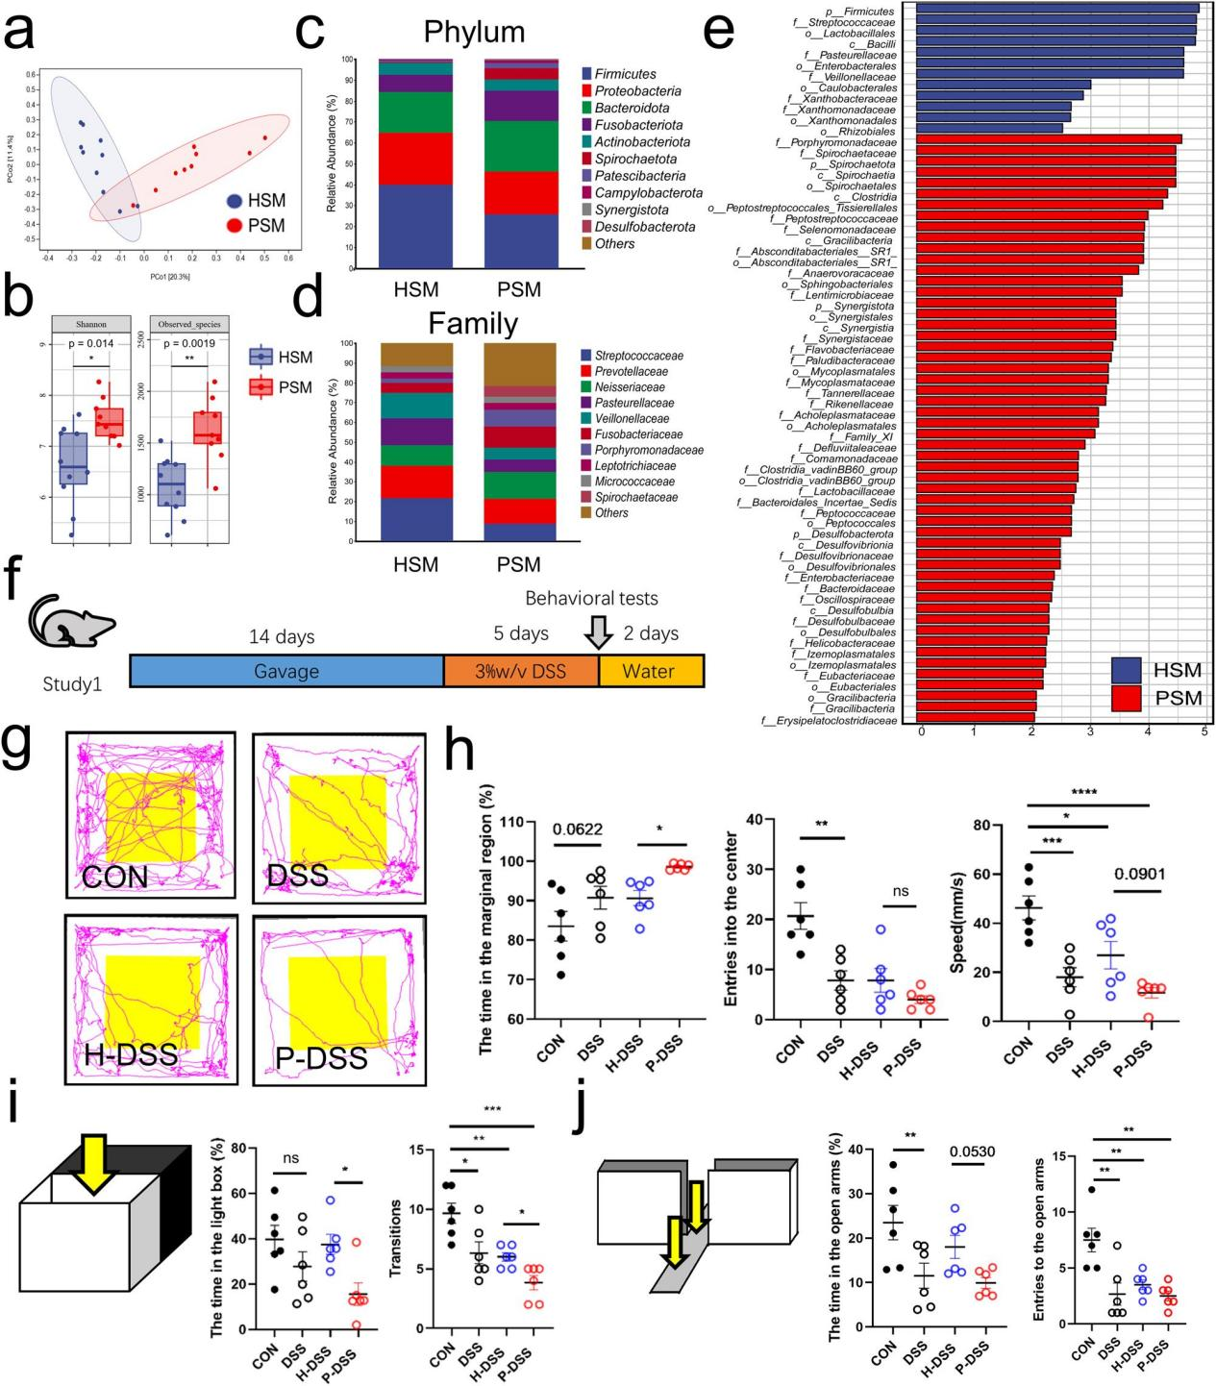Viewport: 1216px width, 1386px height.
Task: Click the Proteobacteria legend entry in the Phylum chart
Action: point(637,91)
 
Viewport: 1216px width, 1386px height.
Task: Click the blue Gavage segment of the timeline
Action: point(285,671)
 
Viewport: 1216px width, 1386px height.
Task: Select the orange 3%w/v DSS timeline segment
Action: point(521,671)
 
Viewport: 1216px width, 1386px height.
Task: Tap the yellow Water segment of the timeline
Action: point(651,671)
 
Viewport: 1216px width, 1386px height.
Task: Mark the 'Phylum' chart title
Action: point(474,32)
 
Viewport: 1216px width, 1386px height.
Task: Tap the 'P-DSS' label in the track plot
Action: point(329,1058)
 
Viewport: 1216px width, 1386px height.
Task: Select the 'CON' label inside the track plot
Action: point(115,877)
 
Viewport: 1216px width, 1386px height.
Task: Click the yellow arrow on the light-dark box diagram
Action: point(93,1161)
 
